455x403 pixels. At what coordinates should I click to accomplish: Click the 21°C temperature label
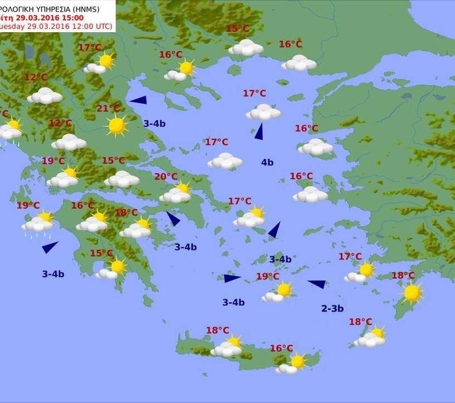click(108, 109)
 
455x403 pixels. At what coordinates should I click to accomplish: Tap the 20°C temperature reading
click(165, 177)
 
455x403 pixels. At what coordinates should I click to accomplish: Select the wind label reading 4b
click(267, 162)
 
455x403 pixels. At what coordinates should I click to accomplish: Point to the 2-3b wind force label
click(332, 309)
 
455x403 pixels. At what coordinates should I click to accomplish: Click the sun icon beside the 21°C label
click(117, 125)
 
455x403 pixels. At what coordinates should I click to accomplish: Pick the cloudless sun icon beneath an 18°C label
click(412, 293)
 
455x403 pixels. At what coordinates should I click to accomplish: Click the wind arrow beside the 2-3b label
click(317, 284)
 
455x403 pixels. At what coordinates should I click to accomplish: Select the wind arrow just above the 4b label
click(259, 131)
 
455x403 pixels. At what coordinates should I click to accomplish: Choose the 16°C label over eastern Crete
click(281, 348)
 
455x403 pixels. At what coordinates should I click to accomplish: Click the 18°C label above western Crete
click(218, 330)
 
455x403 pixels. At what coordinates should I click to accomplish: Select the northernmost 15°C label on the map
click(237, 29)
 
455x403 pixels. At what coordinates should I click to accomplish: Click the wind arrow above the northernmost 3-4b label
click(138, 100)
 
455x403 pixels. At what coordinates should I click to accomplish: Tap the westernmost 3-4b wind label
click(53, 274)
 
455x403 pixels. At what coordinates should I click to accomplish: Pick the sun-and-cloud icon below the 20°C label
click(175, 193)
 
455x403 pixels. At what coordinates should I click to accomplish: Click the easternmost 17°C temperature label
click(350, 257)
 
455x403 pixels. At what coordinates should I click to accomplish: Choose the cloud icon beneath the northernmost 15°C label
click(246, 48)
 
